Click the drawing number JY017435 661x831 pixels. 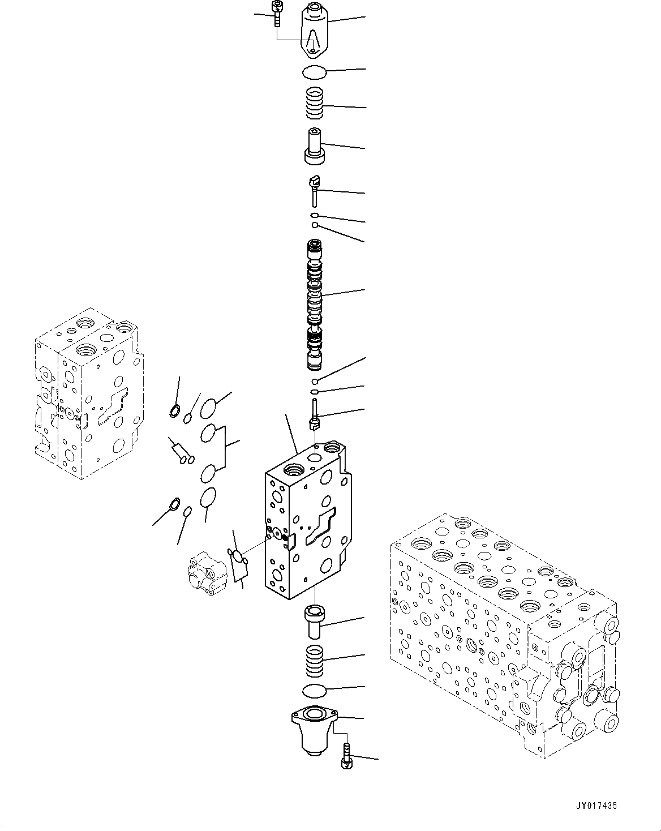click(x=597, y=806)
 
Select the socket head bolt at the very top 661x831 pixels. click(x=277, y=14)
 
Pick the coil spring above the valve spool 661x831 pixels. click(x=316, y=104)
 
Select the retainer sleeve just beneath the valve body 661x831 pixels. click(x=314, y=620)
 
